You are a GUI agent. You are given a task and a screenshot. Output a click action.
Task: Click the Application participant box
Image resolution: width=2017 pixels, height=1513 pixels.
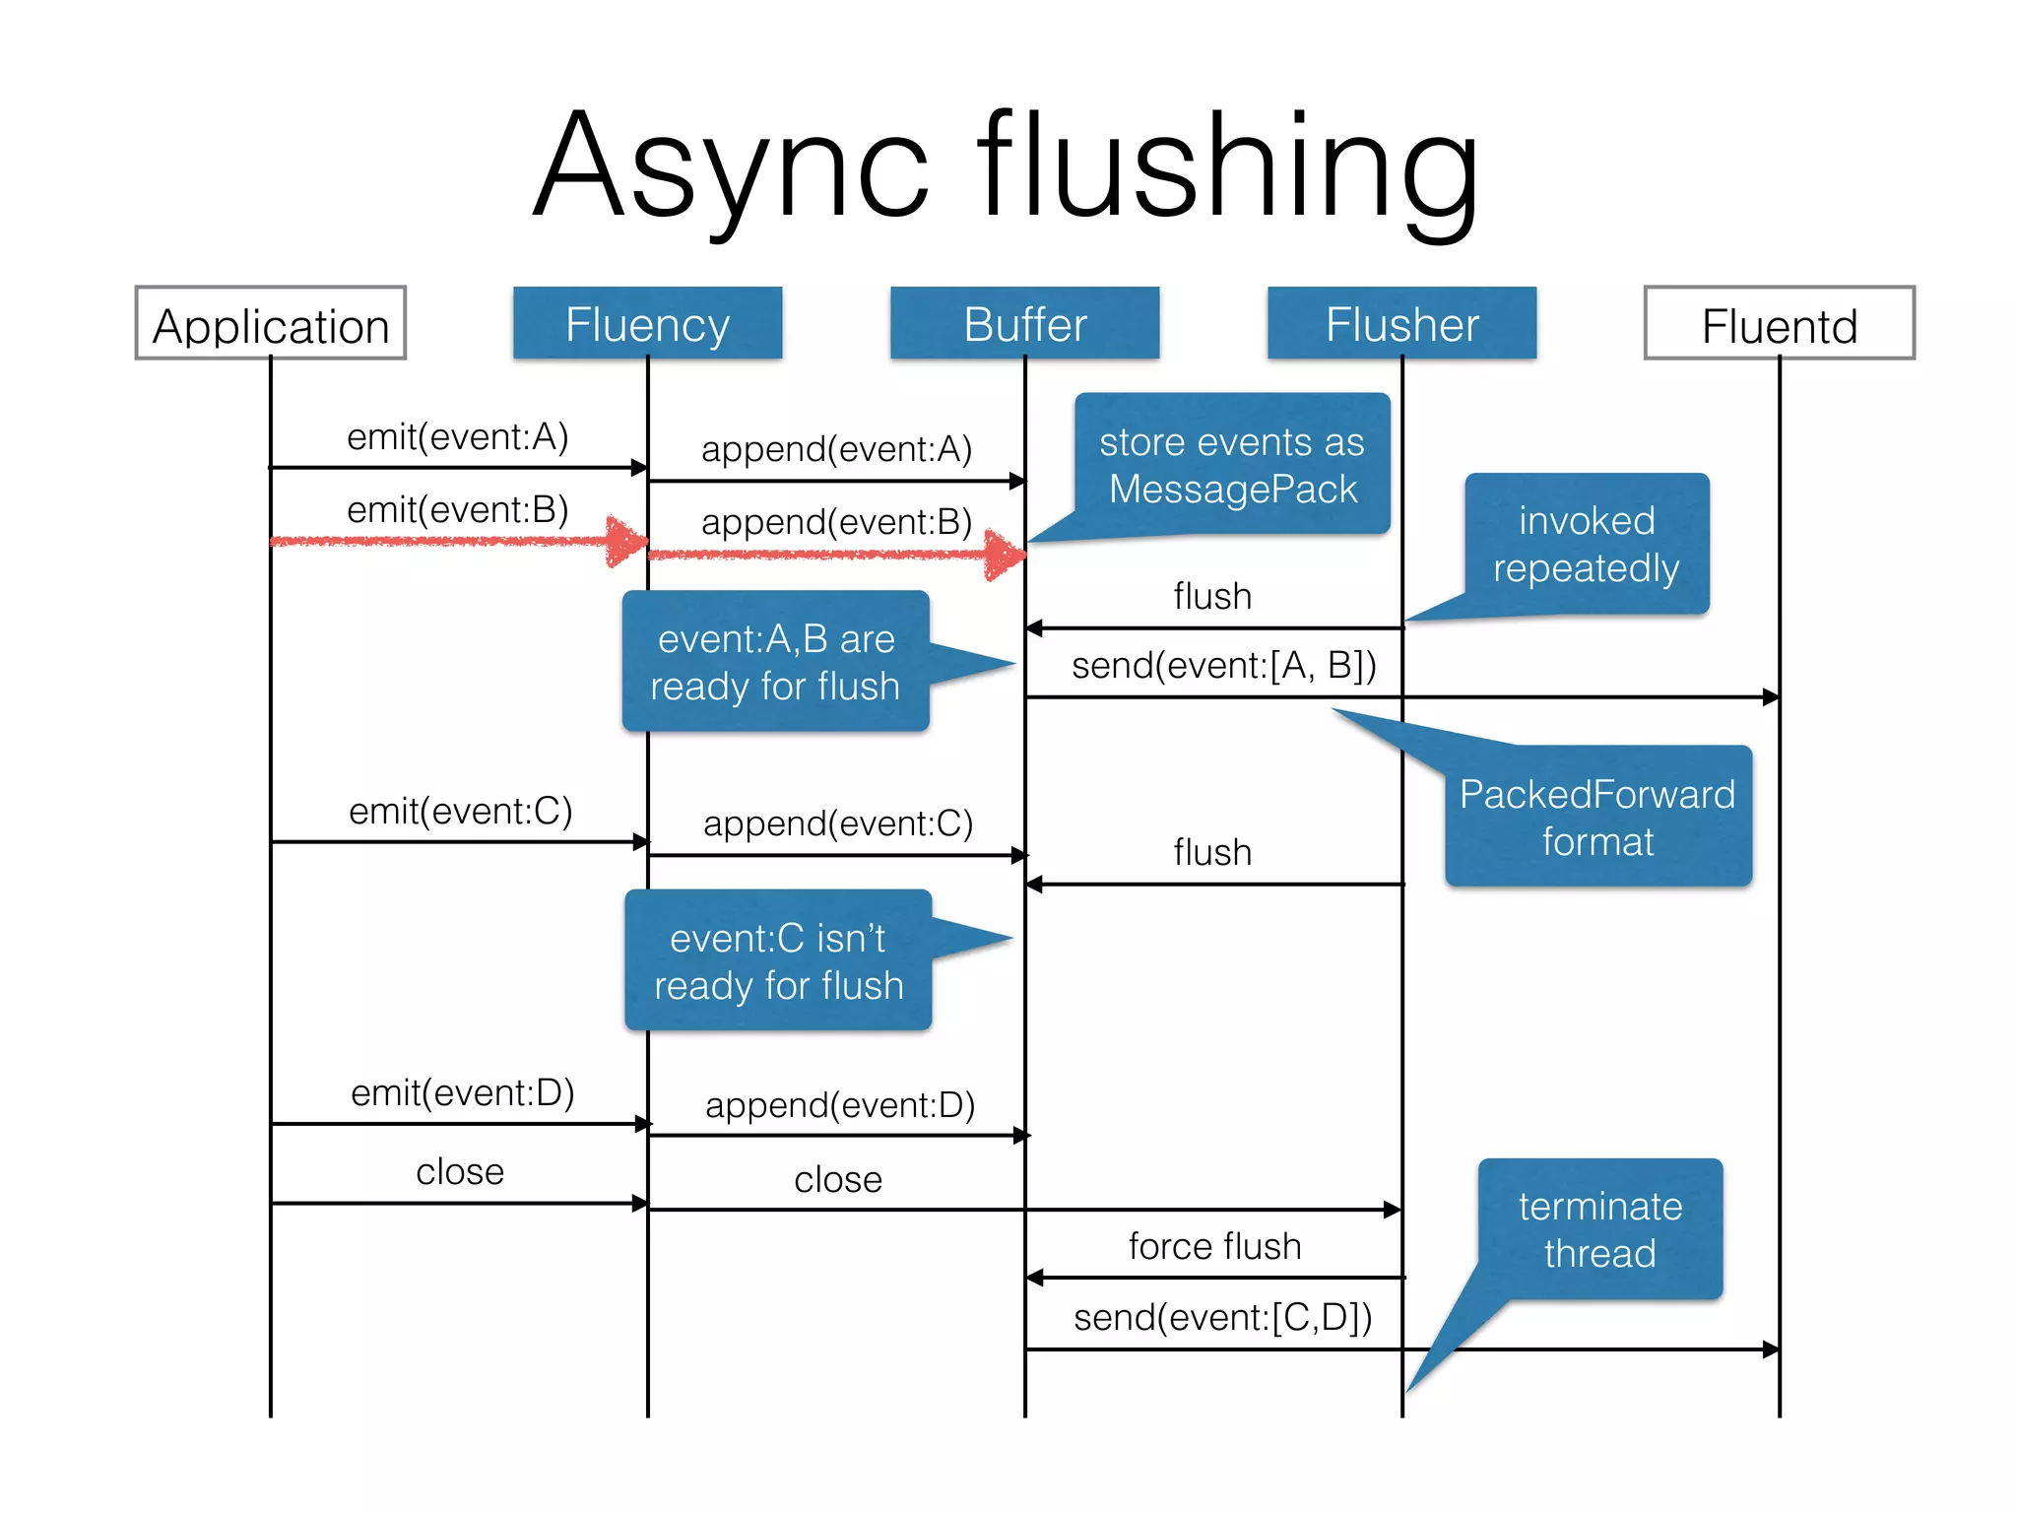pos(270,324)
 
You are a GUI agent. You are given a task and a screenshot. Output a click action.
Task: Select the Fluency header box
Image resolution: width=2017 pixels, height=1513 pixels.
pos(647,324)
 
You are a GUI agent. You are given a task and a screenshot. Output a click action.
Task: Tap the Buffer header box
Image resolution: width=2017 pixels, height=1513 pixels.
pos(1024,324)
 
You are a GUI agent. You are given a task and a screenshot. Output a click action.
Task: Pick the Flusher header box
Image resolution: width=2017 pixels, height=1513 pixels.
pos(1401,324)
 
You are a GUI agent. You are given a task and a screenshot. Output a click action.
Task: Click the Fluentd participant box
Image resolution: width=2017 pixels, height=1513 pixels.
pos(1779,324)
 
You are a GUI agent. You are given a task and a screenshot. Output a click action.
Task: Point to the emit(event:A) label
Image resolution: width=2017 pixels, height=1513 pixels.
pos(458,436)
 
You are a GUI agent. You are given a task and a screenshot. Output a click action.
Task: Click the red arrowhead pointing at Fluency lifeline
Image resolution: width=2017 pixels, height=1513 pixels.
pos(626,541)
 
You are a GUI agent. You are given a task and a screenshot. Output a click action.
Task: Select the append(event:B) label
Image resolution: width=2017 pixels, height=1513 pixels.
pos(836,522)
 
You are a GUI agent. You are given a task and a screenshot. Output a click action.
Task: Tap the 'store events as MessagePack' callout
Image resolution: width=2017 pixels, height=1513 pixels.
pos(1232,465)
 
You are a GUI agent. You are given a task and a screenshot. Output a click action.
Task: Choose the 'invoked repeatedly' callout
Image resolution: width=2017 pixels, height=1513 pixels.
pos(1586,544)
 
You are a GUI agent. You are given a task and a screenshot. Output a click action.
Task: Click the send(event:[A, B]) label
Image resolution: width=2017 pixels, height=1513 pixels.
pos(1223,666)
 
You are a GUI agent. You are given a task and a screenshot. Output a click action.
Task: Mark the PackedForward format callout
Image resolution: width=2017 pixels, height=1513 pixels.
pos(1597,817)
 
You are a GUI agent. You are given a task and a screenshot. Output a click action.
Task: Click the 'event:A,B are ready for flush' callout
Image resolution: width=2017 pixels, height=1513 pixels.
pos(775,662)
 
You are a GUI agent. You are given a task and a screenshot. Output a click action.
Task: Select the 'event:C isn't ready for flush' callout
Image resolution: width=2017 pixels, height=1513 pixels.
pos(778,960)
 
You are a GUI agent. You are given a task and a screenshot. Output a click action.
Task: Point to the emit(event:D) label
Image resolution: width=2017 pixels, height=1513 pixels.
pos(462,1092)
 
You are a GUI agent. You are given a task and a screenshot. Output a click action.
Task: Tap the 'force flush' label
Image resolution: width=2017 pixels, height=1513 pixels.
pos(1214,1246)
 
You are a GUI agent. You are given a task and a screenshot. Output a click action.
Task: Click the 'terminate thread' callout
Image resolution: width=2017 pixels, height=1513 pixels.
pos(1599,1229)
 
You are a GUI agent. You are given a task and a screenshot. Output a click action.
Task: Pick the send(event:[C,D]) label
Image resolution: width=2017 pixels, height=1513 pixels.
pos(1222,1317)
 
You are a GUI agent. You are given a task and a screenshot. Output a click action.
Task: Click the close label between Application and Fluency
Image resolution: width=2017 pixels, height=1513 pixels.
pos(459,1171)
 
